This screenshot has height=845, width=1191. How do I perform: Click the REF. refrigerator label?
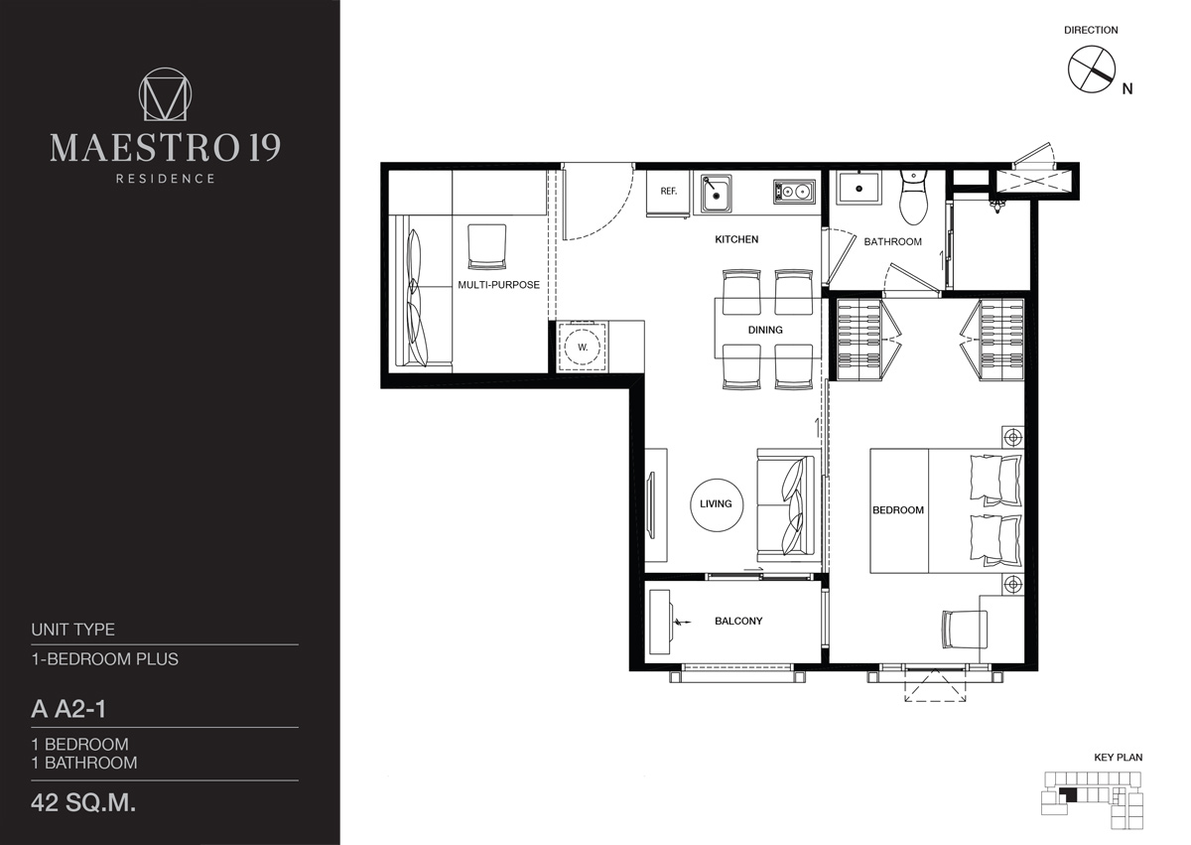(x=668, y=191)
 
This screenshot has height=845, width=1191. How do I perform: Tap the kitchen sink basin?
(x=716, y=194)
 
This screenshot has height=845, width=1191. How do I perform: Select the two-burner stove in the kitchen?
(x=794, y=192)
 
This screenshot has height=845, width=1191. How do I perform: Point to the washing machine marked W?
(x=583, y=347)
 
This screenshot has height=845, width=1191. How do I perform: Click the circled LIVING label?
(x=717, y=504)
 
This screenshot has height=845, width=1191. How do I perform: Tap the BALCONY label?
(x=738, y=621)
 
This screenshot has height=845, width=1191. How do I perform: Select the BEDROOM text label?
(x=898, y=510)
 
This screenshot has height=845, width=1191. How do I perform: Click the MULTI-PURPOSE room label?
(x=498, y=285)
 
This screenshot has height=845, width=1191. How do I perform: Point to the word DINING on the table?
(x=765, y=330)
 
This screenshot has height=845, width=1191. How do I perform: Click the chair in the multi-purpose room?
(x=486, y=246)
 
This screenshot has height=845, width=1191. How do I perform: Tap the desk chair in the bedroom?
(x=965, y=630)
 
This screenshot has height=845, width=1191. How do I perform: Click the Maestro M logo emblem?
(x=166, y=93)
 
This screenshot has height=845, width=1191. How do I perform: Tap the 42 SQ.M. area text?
(x=83, y=803)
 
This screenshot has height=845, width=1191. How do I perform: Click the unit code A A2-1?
(x=68, y=709)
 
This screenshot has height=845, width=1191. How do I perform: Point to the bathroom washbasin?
(x=859, y=188)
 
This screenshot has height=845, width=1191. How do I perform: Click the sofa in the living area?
(x=786, y=505)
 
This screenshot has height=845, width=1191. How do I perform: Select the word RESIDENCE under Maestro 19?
(x=166, y=179)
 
